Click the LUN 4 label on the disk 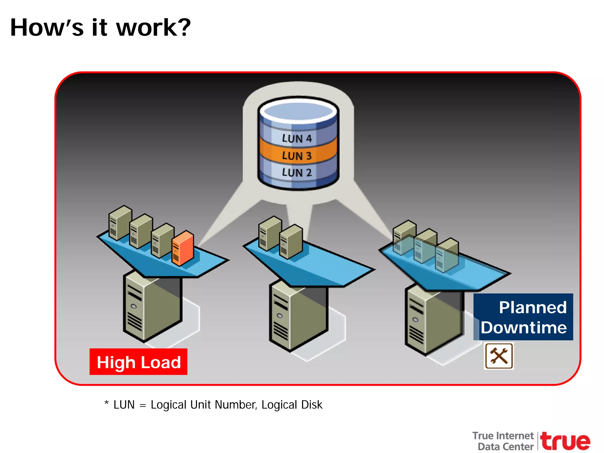pos(297,138)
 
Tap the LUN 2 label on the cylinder pos(297,173)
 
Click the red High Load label pos(138,362)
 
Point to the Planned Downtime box pos(523,317)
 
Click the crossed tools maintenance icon pos(499,356)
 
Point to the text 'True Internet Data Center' pos(503,441)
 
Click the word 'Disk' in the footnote pos(312,405)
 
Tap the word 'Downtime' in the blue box pos(524,328)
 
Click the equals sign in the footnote pos(143,406)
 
